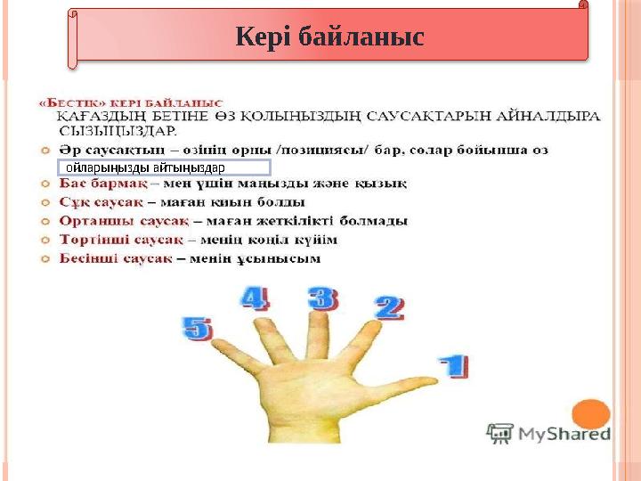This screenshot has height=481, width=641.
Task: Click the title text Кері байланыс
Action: (329, 37)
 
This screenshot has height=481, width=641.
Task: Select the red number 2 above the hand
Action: (389, 307)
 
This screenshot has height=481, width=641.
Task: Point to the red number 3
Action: (323, 298)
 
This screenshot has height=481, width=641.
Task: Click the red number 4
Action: (254, 298)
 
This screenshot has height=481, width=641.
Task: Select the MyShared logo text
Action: (561, 434)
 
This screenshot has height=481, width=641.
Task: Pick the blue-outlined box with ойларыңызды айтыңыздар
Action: (163, 167)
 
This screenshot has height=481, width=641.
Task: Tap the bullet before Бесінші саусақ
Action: (45, 258)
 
